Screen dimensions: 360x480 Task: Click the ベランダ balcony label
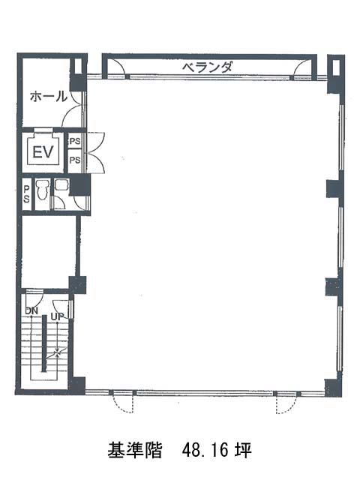207,67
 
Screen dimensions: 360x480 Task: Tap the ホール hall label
48,96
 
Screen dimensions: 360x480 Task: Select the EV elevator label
43,152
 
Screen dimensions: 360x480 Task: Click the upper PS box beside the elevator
75,141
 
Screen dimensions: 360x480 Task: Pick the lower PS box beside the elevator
75,160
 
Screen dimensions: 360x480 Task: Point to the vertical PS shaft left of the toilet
27,194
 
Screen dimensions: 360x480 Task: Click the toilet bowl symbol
42,190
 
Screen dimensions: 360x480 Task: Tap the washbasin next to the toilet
62,184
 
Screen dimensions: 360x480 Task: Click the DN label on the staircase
31,310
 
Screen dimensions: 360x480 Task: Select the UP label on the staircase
57,316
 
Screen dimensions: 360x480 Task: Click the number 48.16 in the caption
205,450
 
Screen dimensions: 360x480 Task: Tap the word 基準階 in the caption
135,450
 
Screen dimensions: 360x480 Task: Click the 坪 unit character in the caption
243,450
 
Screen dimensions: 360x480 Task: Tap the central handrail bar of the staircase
43,343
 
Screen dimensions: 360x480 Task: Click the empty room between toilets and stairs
48,252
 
